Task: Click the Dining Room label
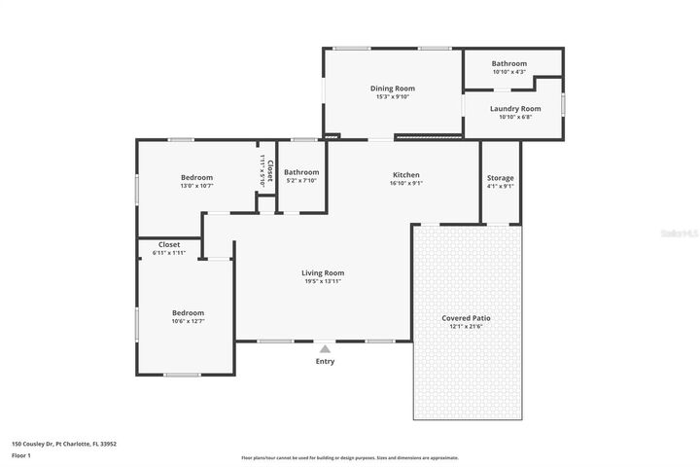[392, 89]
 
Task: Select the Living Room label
[323, 273]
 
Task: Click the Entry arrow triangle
[325, 347]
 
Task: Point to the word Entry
[325, 362]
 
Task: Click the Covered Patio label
[467, 318]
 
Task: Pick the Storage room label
[501, 178]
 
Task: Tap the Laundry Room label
[514, 109]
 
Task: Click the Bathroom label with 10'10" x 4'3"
[508, 63]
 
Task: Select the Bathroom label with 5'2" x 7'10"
[301, 172]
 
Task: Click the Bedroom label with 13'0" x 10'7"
[196, 177]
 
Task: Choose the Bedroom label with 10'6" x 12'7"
[188, 312]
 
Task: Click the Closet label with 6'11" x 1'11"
[168, 244]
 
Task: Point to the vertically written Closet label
[270, 172]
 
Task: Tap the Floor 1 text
[21, 454]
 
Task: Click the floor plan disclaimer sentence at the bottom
[350, 457]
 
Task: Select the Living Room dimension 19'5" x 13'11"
[323, 282]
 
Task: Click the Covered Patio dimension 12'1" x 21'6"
[467, 327]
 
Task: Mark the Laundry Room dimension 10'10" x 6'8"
[514, 118]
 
